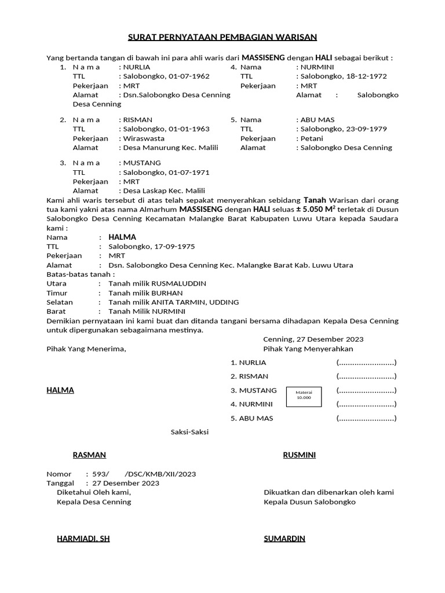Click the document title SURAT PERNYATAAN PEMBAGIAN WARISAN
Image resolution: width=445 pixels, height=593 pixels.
click(222, 38)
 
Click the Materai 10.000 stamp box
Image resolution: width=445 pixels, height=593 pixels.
click(304, 395)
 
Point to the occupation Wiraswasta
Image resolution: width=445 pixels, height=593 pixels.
click(144, 138)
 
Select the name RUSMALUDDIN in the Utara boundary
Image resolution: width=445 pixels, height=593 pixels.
click(178, 284)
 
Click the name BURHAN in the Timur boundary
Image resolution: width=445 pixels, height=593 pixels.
click(167, 293)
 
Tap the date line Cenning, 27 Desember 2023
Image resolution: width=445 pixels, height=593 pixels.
click(313, 339)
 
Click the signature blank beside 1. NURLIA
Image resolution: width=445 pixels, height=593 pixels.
click(366, 363)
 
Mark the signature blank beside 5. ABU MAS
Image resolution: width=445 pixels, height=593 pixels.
click(366, 418)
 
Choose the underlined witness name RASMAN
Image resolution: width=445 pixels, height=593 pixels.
click(89, 455)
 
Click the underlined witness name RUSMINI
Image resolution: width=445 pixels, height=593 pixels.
click(299, 455)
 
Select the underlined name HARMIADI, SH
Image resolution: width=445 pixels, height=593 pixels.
click(83, 539)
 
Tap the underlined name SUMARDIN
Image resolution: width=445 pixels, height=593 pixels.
click(284, 539)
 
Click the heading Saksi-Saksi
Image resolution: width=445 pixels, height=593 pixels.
click(189, 432)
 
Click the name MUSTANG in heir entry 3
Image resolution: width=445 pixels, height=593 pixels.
click(142, 163)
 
